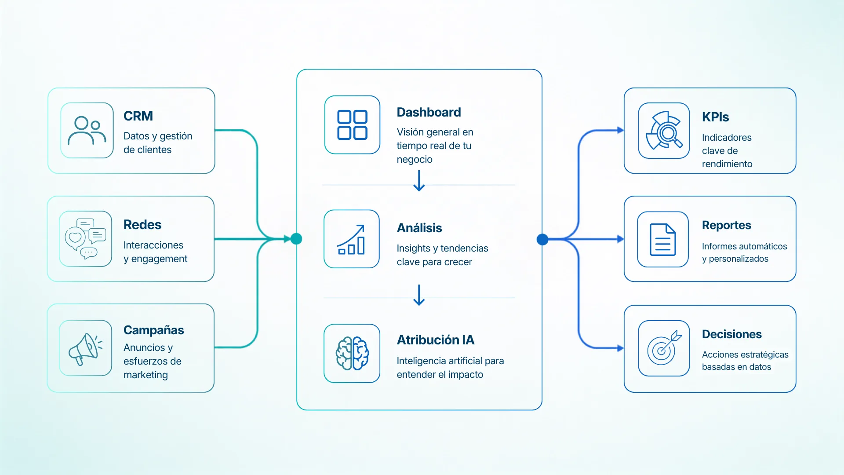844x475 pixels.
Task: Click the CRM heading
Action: (x=138, y=116)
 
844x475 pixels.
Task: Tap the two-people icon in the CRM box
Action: (x=87, y=131)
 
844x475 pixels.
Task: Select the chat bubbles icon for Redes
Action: (x=86, y=239)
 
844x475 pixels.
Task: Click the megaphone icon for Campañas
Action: (x=86, y=348)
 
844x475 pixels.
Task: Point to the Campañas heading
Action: (x=154, y=330)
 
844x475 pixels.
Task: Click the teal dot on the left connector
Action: (x=296, y=239)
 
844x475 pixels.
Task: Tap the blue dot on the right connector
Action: (x=542, y=239)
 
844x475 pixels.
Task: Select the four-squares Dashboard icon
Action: (x=352, y=125)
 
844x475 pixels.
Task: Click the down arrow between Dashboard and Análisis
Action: (x=419, y=181)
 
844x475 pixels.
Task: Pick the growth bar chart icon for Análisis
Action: (x=351, y=239)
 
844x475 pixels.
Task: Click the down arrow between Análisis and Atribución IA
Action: (x=419, y=295)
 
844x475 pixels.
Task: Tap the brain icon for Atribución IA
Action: (x=352, y=354)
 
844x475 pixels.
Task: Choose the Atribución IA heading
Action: (x=436, y=340)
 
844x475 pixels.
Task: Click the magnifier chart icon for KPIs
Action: (x=664, y=131)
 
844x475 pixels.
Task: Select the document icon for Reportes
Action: (x=663, y=240)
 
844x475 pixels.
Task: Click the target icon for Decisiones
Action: (x=664, y=348)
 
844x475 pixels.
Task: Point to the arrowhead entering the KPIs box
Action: (x=620, y=130)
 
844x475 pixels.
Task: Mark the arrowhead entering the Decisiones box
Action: (x=620, y=348)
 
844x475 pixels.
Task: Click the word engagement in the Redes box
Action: (x=159, y=259)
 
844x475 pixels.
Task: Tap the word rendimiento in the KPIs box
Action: (x=727, y=164)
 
